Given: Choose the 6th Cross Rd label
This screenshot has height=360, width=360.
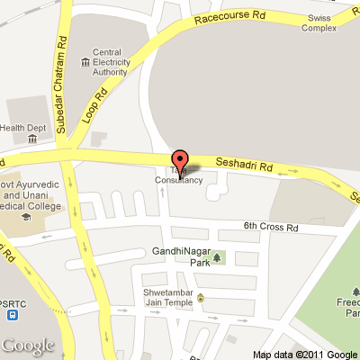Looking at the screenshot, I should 269,227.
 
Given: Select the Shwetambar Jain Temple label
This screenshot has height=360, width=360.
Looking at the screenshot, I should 167,298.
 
